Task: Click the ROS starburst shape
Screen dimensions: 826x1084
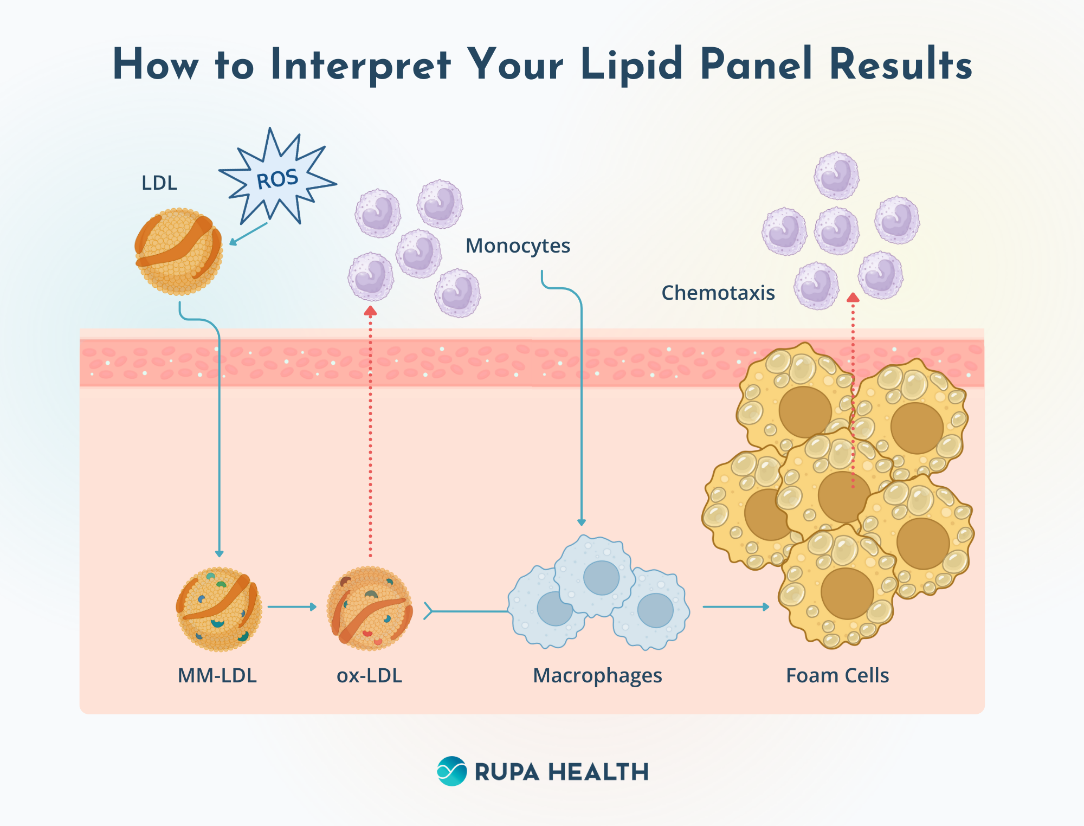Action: coord(278,179)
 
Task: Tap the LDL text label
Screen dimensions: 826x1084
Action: coord(159,183)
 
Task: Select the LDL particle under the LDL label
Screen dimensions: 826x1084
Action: coord(178,251)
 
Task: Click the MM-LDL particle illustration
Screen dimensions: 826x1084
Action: coord(219,609)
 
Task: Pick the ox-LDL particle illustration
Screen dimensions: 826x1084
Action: coord(370,609)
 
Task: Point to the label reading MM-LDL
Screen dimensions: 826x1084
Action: coord(217,676)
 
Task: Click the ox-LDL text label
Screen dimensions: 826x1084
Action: coord(369,676)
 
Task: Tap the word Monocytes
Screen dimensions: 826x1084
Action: coord(518,246)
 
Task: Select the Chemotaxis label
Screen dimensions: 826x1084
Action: coord(718,293)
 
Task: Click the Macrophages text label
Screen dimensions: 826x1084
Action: coord(597,676)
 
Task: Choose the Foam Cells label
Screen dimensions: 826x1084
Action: coord(837,676)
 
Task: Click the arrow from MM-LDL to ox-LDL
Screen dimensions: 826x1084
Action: coord(292,607)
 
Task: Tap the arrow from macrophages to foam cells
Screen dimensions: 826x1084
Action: coord(735,607)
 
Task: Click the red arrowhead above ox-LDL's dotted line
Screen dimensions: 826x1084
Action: coord(370,311)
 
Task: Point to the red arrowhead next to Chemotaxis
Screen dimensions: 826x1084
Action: coord(853,298)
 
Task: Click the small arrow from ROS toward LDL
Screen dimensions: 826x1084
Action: coord(248,234)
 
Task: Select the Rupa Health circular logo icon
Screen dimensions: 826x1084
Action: coord(451,771)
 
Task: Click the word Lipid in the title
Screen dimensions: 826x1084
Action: coord(631,65)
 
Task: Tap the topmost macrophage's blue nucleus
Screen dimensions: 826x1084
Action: coord(601,578)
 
